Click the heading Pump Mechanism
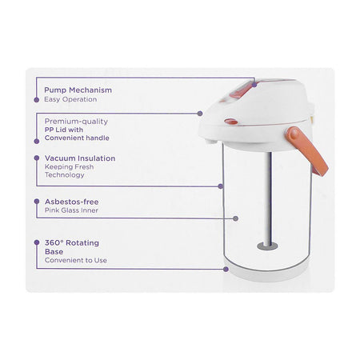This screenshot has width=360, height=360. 78,90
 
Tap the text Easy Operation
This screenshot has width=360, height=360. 70,99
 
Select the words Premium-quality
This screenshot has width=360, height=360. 76,122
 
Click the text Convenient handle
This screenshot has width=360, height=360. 77,138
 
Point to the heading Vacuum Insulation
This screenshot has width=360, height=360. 80,158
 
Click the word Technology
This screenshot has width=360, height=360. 65,175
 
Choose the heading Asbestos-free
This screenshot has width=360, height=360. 71,202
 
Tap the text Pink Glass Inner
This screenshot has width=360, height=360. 71,210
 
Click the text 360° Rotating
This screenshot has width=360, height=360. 72,243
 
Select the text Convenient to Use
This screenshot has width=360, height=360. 76,260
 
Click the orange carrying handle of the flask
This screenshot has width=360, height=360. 307,150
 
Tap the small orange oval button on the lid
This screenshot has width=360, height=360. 231,122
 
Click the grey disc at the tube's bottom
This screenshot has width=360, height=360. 267,246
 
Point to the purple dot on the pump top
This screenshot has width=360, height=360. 254,85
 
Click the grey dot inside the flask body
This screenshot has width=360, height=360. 235,218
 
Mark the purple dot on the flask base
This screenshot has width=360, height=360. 226,270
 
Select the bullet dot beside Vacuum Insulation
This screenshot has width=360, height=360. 37,158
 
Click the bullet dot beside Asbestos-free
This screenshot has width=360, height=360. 37,202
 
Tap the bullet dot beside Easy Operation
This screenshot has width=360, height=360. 37,100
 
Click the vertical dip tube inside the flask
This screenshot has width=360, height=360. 269,198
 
